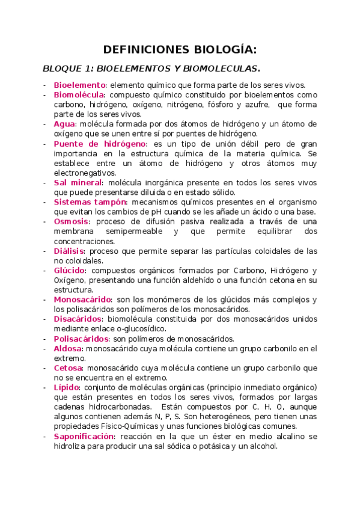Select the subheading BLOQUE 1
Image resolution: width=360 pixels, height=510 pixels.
click(66, 69)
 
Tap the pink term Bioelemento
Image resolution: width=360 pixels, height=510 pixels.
click(80, 85)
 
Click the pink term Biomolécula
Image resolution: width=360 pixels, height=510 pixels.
click(79, 95)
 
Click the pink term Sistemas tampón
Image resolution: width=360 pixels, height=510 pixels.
click(90, 202)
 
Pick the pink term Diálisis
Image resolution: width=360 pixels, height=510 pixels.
click(70, 251)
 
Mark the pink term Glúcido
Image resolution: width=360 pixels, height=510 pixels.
click(69, 270)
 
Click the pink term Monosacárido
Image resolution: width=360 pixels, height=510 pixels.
click(83, 300)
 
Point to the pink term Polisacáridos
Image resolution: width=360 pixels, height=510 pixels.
click(81, 339)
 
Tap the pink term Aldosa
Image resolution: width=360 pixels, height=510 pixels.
click(67, 348)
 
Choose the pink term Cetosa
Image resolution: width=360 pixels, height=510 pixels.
click(67, 368)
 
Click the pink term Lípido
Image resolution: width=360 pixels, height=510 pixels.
click(67, 387)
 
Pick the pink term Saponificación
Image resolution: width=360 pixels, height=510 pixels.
click(84, 436)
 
